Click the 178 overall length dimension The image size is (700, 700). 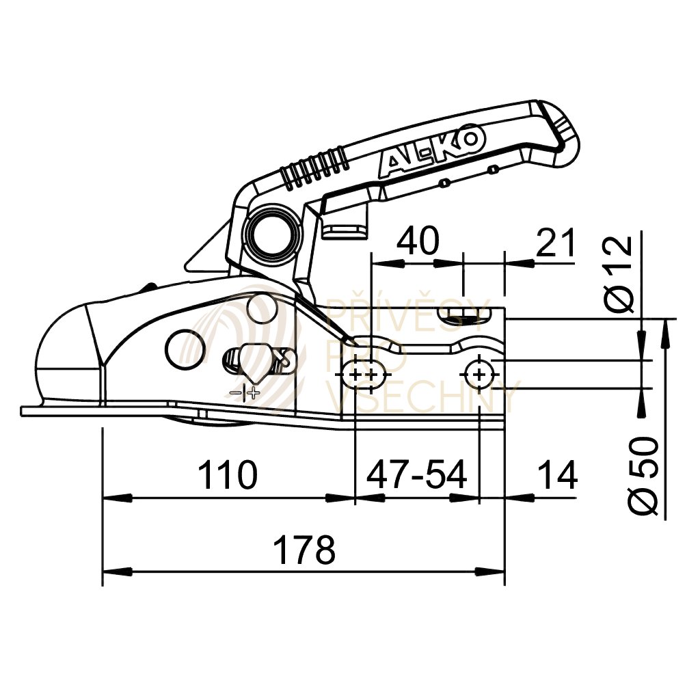(304, 550)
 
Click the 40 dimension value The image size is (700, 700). (418, 241)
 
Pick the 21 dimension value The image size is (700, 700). (556, 243)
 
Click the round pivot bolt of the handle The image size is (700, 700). (270, 233)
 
